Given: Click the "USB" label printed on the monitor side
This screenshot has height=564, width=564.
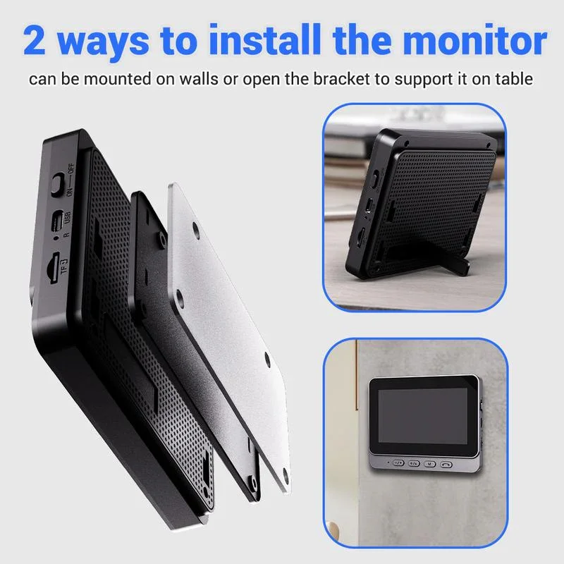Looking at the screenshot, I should [68, 219].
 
